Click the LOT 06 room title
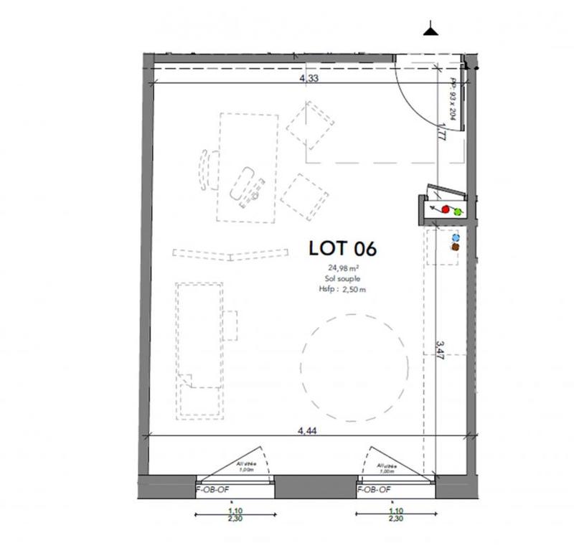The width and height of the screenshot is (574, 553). coord(342,249)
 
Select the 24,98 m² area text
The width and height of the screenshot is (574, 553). coord(342,269)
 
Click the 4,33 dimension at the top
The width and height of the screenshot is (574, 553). coord(309,79)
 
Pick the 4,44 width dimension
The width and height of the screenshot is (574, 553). coord(309,431)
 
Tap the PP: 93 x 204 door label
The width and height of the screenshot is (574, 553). coord(453,98)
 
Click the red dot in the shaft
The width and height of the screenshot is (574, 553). coord(445,210)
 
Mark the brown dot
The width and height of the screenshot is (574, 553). coord(455,247)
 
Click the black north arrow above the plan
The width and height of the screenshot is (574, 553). coord(430,30)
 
